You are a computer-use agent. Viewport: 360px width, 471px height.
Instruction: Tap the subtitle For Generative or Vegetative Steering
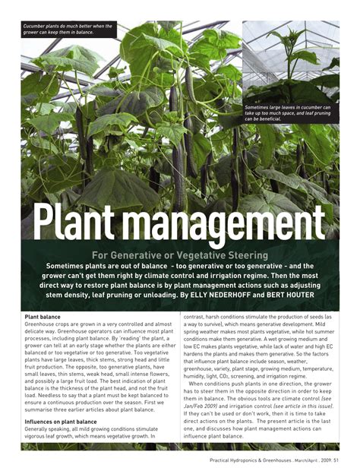tap(180, 255)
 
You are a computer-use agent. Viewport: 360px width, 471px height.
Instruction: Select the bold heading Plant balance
tap(43, 317)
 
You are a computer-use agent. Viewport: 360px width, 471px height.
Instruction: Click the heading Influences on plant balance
tap(61, 421)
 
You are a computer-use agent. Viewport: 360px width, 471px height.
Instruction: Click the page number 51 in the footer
tap(335, 459)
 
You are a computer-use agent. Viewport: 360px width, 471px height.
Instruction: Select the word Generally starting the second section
tap(39, 428)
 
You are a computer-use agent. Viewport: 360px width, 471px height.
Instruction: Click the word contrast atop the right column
tap(198, 317)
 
